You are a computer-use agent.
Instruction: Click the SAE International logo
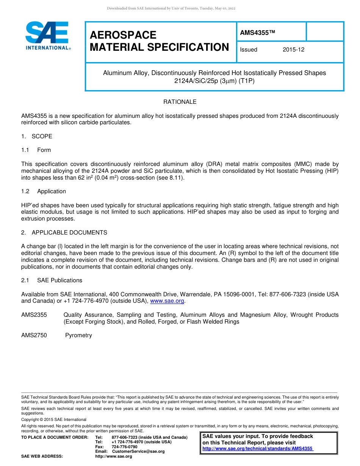(47, 36)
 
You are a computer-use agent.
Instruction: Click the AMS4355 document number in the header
(257, 33)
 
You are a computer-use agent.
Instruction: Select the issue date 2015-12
(293, 50)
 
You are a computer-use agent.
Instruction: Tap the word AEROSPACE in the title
(123, 35)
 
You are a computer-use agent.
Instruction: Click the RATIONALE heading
(180, 102)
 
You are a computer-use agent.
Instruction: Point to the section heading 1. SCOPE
(37, 136)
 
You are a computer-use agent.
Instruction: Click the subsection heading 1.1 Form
(36, 150)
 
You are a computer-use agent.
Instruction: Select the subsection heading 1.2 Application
(44, 191)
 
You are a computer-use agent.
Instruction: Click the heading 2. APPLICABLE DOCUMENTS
(64, 233)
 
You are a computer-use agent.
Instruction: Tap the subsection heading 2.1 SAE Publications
(52, 280)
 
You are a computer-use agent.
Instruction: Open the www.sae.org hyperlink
(167, 301)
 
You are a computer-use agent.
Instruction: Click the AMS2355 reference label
(34, 315)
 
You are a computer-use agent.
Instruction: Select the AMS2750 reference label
(34, 335)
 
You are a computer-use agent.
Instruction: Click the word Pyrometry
(78, 335)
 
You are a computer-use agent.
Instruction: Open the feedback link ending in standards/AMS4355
(258, 449)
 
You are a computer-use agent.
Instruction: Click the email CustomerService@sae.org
(138, 451)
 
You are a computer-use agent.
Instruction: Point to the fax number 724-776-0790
(124, 447)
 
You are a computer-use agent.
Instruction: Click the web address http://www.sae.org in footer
(113, 456)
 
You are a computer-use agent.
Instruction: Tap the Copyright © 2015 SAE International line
(54, 419)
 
